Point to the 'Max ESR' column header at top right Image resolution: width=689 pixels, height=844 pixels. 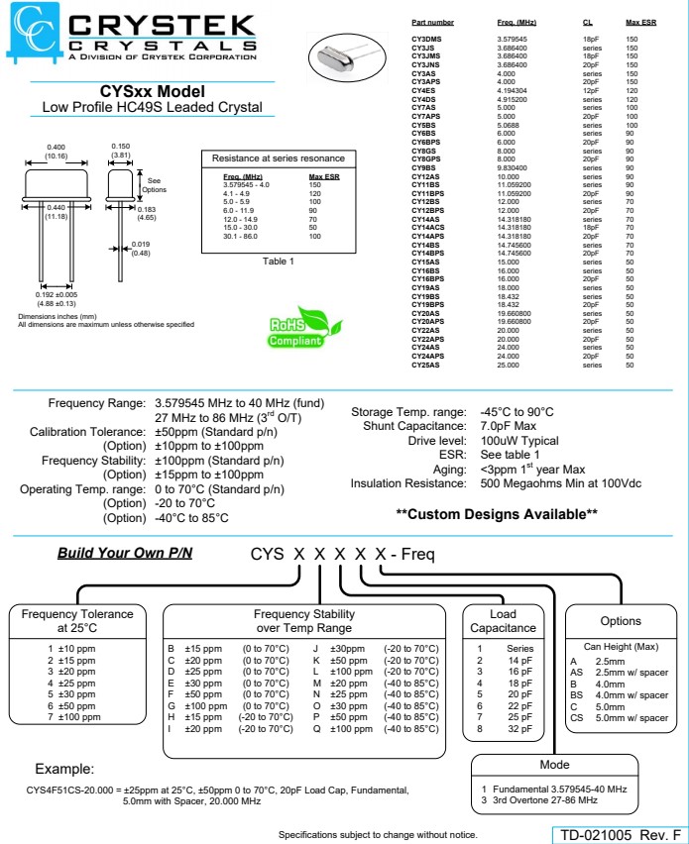[639, 21]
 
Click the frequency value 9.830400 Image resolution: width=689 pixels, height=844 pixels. [516, 168]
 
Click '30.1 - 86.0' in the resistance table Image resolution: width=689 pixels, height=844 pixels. [245, 237]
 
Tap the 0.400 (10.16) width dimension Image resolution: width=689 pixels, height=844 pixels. [58, 151]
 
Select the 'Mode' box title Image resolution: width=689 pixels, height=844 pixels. [554, 766]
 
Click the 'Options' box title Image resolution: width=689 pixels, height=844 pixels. [621, 620]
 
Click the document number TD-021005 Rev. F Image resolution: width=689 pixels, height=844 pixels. [616, 834]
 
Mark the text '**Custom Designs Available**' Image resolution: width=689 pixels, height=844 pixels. [497, 513]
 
